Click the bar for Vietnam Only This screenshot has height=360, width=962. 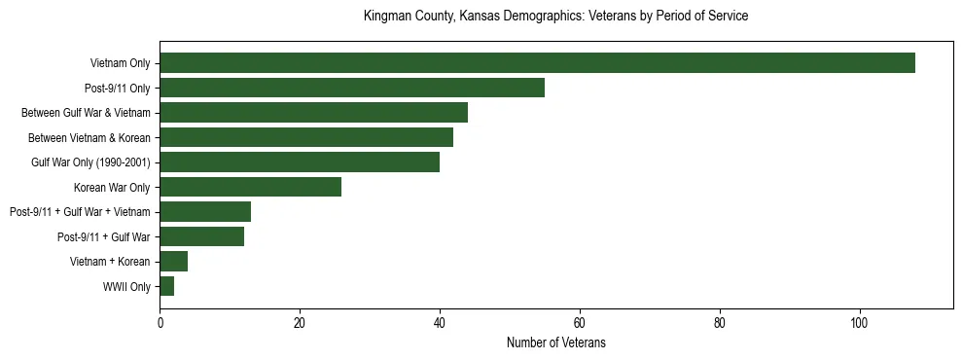click(537, 63)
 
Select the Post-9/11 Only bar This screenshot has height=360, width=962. click(352, 88)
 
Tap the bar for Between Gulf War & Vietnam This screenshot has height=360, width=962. click(313, 112)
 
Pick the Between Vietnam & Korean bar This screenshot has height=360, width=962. click(306, 137)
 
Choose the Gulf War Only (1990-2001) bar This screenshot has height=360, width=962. click(300, 162)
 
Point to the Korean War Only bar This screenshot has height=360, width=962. click(250, 187)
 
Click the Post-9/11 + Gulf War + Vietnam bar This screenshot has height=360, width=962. click(205, 211)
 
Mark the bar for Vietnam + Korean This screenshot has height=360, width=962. click(173, 261)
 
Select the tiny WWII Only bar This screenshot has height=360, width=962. click(166, 286)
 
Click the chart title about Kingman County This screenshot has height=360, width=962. click(555, 17)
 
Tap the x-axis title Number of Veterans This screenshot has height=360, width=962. click(555, 342)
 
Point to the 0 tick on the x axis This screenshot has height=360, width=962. click(160, 324)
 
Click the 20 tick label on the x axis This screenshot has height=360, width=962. click(300, 324)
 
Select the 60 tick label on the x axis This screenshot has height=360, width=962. click(580, 324)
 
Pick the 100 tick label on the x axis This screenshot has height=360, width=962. click(860, 324)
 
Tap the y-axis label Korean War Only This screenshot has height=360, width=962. click(112, 187)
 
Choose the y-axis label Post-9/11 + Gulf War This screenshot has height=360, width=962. click(103, 236)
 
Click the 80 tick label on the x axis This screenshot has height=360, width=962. click(720, 324)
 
